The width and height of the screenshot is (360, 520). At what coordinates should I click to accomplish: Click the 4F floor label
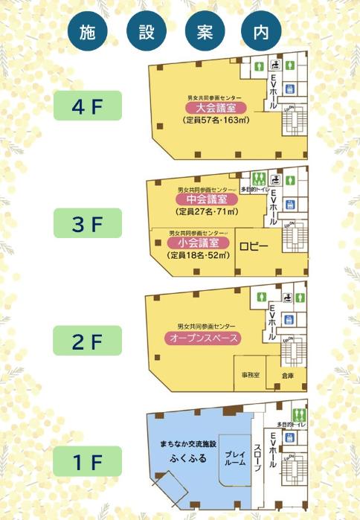click(x=87, y=106)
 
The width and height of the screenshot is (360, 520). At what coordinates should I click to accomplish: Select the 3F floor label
click(x=87, y=222)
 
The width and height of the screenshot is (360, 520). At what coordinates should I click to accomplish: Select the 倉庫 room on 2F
click(x=288, y=376)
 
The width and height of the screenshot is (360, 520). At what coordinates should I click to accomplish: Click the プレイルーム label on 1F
click(x=235, y=458)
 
